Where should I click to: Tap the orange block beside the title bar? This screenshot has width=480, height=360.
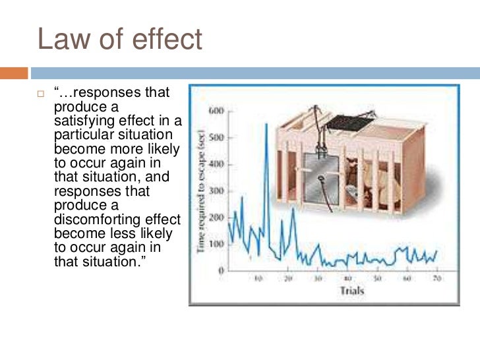tap(14, 73)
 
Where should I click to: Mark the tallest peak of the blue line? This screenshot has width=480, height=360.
tap(266, 125)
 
